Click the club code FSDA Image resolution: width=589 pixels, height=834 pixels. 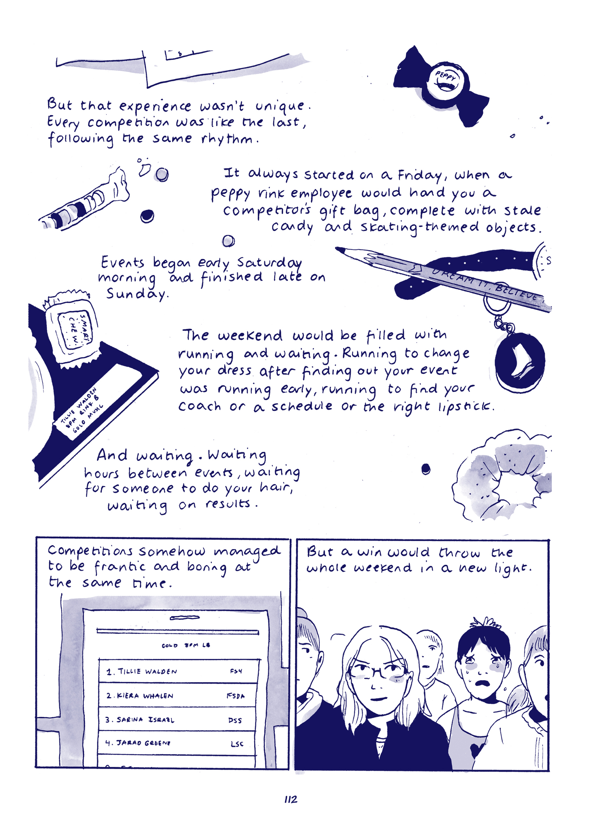235,696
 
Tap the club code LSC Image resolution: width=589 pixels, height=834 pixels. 237,744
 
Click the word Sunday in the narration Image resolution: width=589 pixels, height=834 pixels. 137,294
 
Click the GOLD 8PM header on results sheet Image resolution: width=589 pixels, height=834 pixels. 185,645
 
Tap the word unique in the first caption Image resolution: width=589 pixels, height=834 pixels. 280,106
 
